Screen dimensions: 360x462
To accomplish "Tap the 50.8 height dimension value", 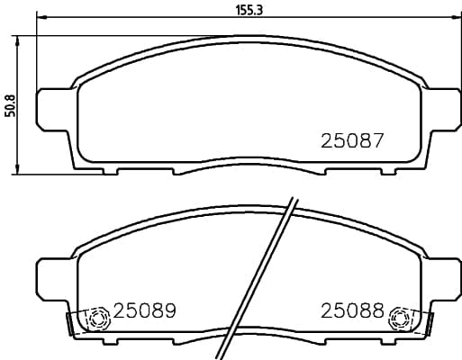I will coord(10,104).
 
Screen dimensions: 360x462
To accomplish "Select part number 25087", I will coord(353,141).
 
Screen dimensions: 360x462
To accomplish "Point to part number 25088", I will coord(353,311).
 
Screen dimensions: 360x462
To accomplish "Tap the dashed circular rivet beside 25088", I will coord(400,318).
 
